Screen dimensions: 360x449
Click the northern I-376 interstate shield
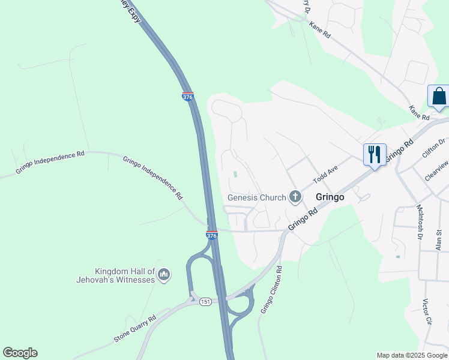click(x=188, y=96)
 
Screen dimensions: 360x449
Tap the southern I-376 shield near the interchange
click(x=211, y=235)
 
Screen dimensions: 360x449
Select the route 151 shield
click(x=206, y=301)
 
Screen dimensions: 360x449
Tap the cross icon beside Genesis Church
click(x=295, y=196)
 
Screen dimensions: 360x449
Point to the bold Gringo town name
click(x=330, y=197)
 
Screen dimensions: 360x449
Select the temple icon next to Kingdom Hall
click(x=163, y=275)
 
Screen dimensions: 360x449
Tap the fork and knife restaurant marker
click(x=375, y=155)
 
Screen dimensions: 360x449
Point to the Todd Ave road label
click(x=326, y=176)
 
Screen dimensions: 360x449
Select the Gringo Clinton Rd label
click(x=271, y=289)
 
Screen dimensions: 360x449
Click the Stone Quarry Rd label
click(x=135, y=329)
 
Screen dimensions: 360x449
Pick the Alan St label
click(x=439, y=239)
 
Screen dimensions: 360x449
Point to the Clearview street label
click(x=436, y=172)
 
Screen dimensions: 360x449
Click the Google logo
click(x=20, y=353)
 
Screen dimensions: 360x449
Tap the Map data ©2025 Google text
click(x=412, y=355)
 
